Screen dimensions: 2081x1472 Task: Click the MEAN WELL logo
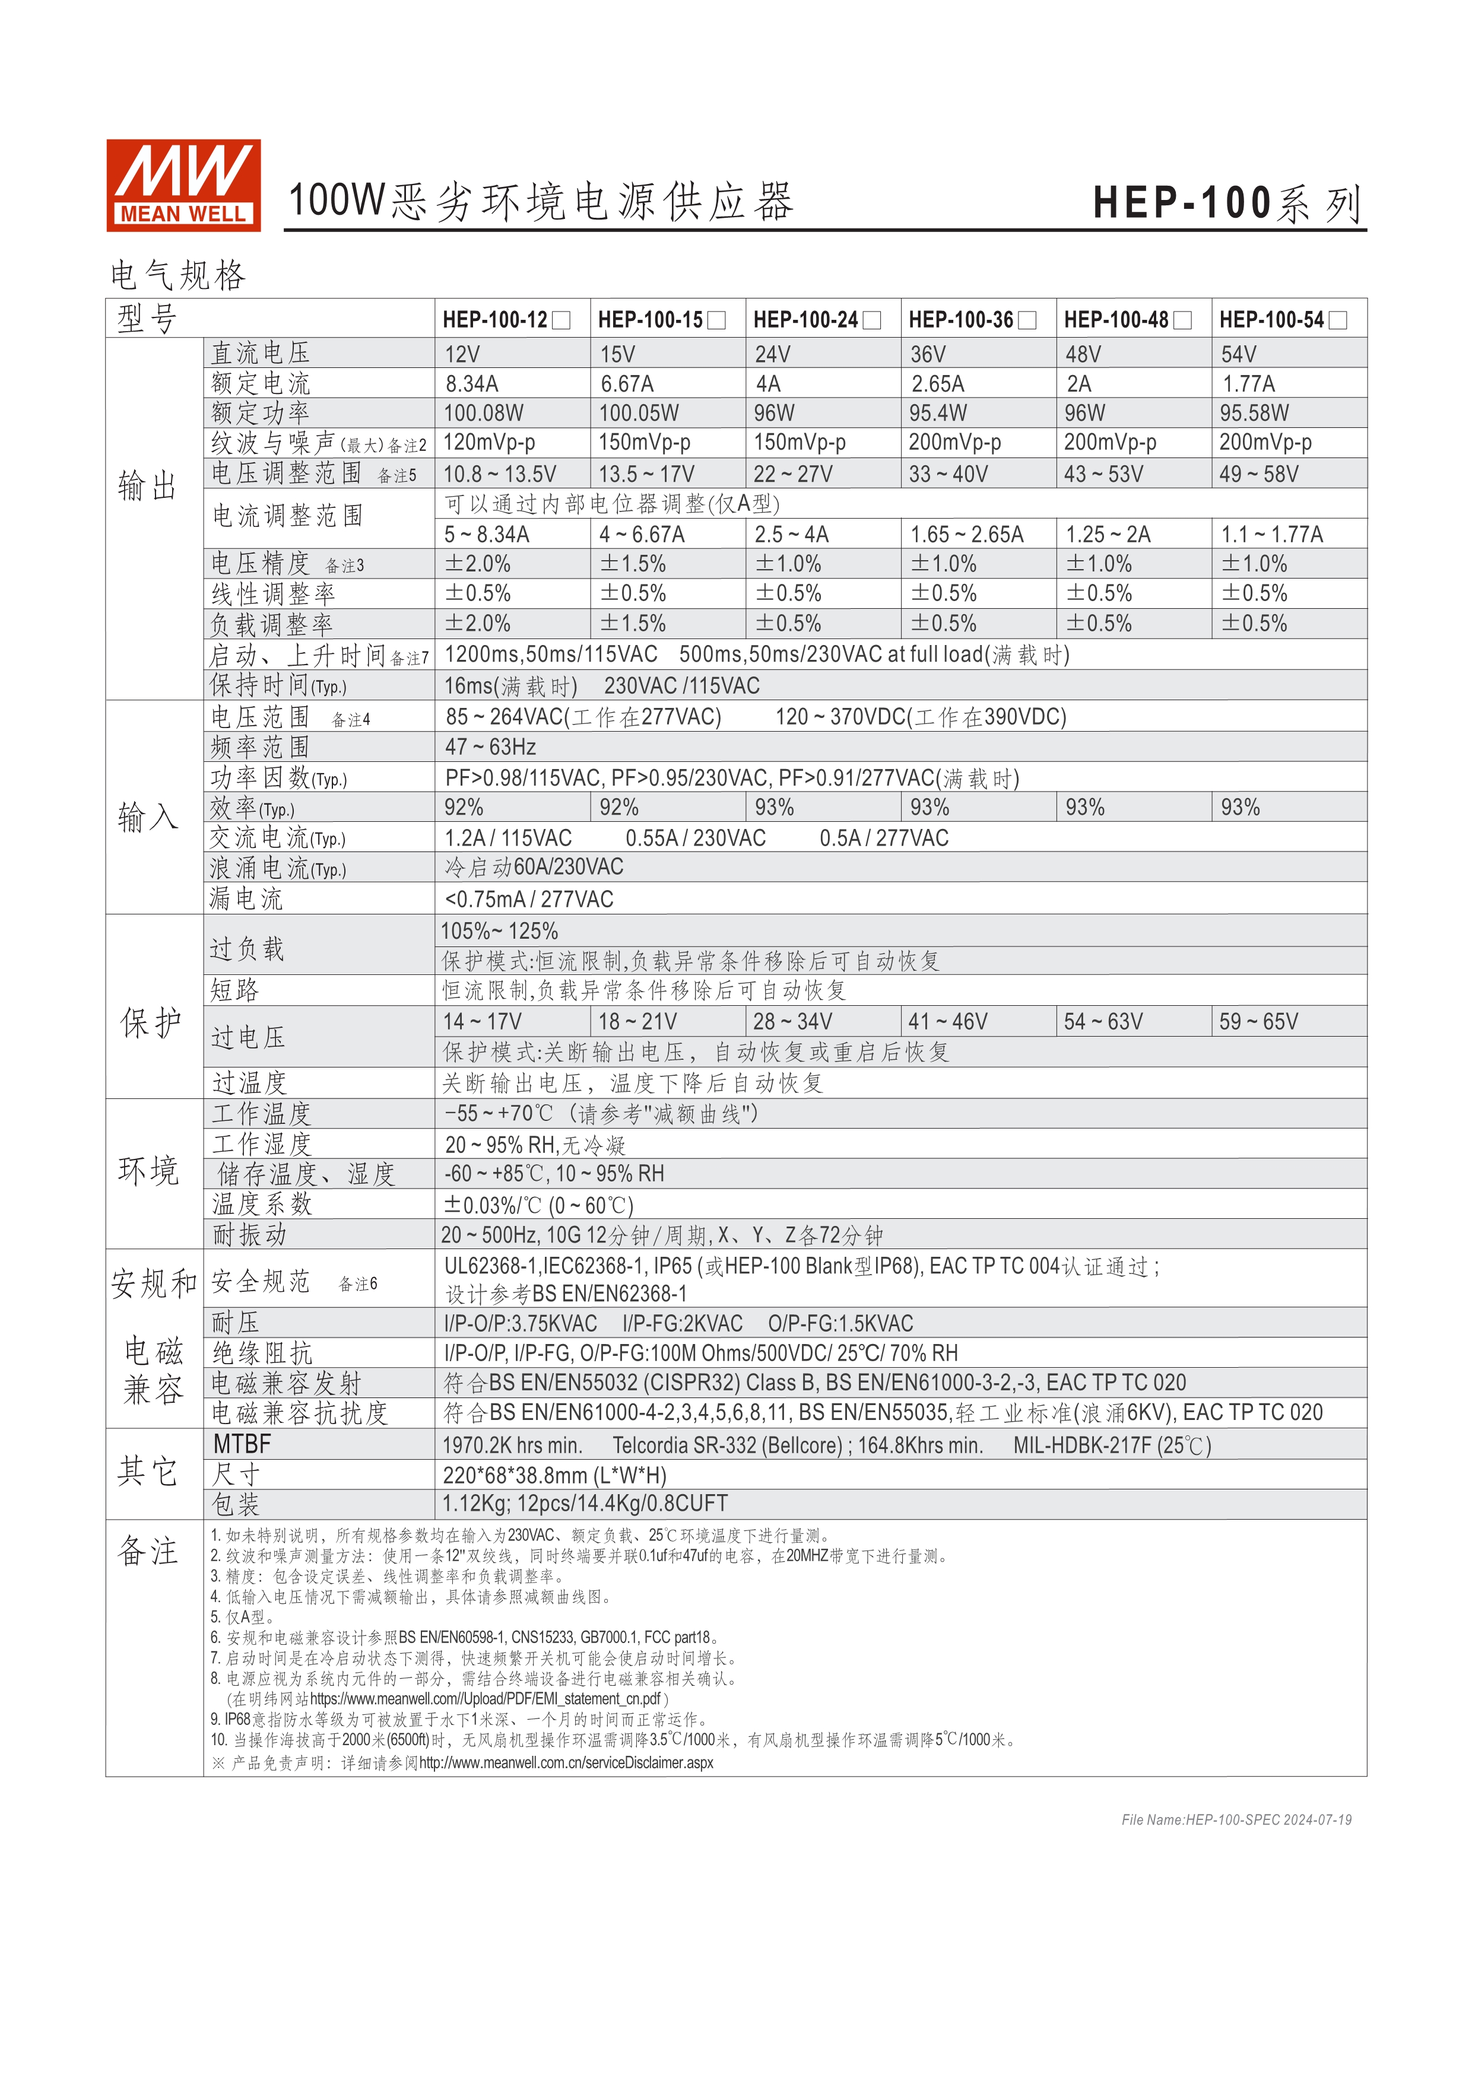pyautogui.click(x=183, y=185)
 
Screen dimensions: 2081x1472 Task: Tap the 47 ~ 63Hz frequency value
pyautogui.click(x=490, y=747)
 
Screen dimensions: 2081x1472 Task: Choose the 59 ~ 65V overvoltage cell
pyautogui.click(x=1258, y=1021)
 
